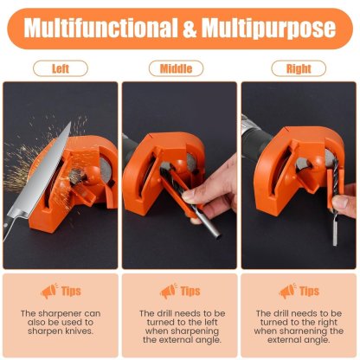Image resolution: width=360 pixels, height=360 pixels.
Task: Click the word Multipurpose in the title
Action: [270, 28]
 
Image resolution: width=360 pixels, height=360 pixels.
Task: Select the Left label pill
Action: [61, 68]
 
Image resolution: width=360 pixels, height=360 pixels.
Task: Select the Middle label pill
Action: [179, 68]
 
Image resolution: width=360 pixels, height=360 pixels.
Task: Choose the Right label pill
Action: [298, 68]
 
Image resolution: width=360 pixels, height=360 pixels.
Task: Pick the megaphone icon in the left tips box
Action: [48, 292]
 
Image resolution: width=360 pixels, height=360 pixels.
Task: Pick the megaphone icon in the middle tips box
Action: [167, 292]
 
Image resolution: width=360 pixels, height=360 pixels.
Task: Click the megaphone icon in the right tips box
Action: [286, 292]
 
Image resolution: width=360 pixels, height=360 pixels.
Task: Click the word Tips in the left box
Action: [72, 292]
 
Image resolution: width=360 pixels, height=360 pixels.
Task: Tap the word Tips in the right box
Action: [309, 292]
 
